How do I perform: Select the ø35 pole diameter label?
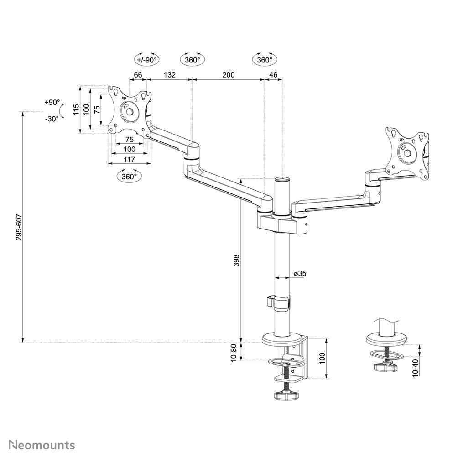(x=300, y=273)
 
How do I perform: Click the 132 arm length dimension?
(x=169, y=74)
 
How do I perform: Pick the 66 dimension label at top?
(x=138, y=74)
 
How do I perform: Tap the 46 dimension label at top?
(x=274, y=74)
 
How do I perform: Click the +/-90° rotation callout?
(x=146, y=59)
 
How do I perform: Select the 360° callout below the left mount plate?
(x=129, y=176)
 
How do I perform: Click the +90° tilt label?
(x=52, y=102)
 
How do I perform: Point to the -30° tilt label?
(x=52, y=119)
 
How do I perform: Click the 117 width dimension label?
(x=129, y=159)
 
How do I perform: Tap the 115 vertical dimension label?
(x=76, y=109)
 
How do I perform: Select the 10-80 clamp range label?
(x=234, y=352)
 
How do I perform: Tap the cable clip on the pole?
(x=277, y=302)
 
